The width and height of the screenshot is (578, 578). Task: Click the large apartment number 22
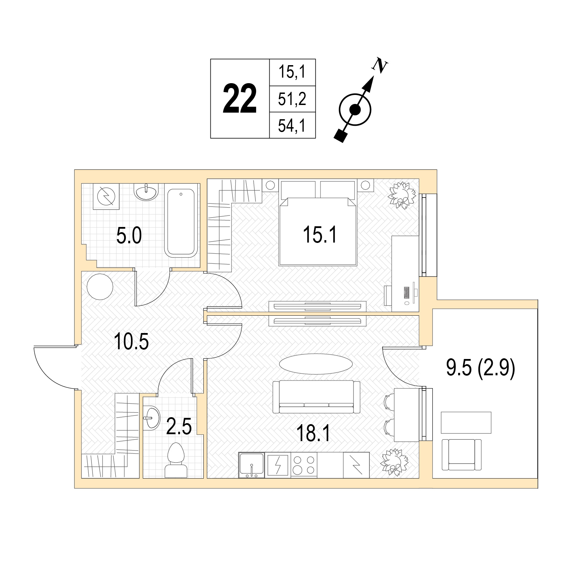(239, 99)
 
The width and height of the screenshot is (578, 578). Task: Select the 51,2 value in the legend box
(292, 99)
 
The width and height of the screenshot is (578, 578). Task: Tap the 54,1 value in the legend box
(292, 126)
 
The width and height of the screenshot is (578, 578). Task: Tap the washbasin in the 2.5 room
(151, 418)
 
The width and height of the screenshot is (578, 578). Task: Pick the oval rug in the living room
(316, 364)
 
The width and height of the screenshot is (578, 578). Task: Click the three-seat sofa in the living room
(316, 397)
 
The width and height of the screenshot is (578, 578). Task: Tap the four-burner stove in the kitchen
(304, 465)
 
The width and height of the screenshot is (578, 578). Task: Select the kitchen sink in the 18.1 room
(252, 465)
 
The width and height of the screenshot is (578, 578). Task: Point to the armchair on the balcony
(461, 454)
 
